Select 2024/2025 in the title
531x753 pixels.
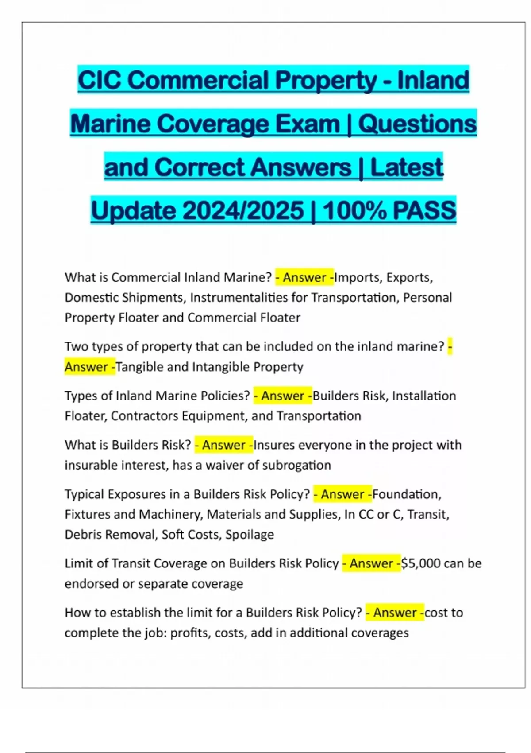tap(243, 210)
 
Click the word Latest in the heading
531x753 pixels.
tap(406, 167)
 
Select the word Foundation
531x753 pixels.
tap(407, 494)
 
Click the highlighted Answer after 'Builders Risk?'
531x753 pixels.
tap(223, 445)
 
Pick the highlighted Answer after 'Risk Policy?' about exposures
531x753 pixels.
tap(342, 494)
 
